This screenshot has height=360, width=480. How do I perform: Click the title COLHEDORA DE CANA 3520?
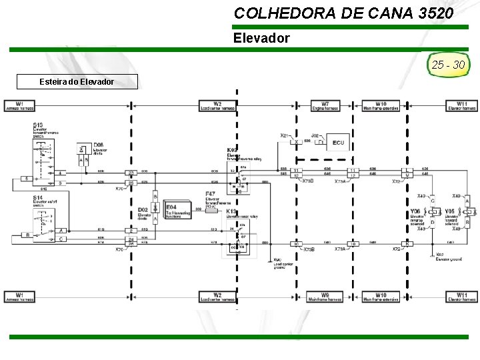click(x=344, y=13)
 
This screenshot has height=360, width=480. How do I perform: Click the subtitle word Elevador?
click(x=261, y=38)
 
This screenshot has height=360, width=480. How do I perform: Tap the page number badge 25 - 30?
click(x=449, y=65)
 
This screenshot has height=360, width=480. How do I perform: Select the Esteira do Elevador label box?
click(x=77, y=81)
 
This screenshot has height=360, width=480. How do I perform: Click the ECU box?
click(x=338, y=143)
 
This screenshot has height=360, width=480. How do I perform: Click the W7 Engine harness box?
click(x=325, y=105)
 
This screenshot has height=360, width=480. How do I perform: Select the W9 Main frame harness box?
click(x=325, y=296)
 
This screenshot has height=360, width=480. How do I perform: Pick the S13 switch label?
click(x=38, y=125)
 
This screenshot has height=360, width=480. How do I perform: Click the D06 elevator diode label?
click(x=99, y=145)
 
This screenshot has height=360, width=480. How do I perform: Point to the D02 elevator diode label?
click(x=143, y=211)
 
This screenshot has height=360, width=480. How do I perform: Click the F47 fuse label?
click(x=211, y=194)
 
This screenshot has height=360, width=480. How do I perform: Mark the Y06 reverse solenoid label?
click(x=415, y=213)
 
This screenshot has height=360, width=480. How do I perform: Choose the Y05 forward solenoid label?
click(x=450, y=213)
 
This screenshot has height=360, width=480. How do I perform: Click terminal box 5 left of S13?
click(x=25, y=179)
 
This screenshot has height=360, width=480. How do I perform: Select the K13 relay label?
click(x=231, y=211)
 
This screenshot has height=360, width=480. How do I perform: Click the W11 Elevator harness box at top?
click(x=462, y=105)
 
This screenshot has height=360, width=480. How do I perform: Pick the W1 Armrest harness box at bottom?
click(x=20, y=296)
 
